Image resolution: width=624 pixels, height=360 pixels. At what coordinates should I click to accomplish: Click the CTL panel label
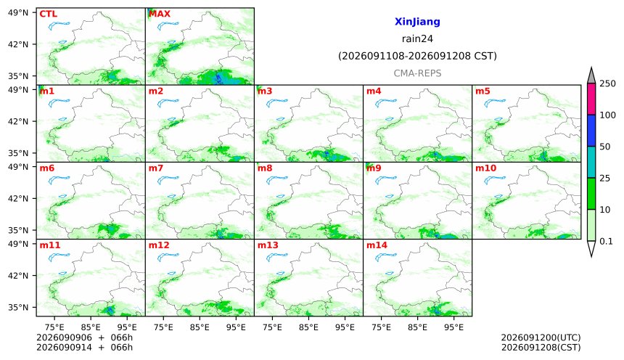[48, 14]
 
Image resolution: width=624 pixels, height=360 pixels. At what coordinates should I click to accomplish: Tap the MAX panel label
[159, 14]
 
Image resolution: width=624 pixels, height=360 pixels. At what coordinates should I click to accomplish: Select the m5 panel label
[483, 91]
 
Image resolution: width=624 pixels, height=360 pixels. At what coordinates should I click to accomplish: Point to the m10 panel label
[486, 168]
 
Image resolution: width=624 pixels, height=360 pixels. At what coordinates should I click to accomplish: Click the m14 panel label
[377, 245]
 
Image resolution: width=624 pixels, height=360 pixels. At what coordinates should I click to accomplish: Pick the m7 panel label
[156, 168]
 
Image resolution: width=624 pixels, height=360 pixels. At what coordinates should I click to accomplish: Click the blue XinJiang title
[417, 22]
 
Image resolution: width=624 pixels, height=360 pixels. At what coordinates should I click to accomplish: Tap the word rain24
[417, 38]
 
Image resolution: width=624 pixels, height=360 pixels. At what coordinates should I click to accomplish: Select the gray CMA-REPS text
[417, 73]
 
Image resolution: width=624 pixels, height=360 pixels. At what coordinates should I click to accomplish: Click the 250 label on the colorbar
[607, 83]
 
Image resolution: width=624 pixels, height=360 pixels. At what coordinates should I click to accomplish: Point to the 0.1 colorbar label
[606, 241]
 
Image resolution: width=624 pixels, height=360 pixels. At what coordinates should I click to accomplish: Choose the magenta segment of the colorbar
[591, 99]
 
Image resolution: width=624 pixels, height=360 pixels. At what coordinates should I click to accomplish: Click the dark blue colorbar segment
[591, 131]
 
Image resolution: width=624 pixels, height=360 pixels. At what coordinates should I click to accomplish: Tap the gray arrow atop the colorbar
[591, 76]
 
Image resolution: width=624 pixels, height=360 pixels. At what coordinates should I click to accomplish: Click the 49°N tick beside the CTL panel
[18, 12]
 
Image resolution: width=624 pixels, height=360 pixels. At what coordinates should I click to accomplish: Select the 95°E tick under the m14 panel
[453, 327]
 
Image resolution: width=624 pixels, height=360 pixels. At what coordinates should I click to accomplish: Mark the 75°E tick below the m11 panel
[54, 327]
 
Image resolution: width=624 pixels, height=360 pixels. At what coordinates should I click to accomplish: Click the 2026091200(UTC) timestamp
[541, 337]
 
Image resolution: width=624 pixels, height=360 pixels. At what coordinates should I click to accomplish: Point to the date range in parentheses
[417, 56]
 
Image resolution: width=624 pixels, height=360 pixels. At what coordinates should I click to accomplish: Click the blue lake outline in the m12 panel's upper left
[168, 257]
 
